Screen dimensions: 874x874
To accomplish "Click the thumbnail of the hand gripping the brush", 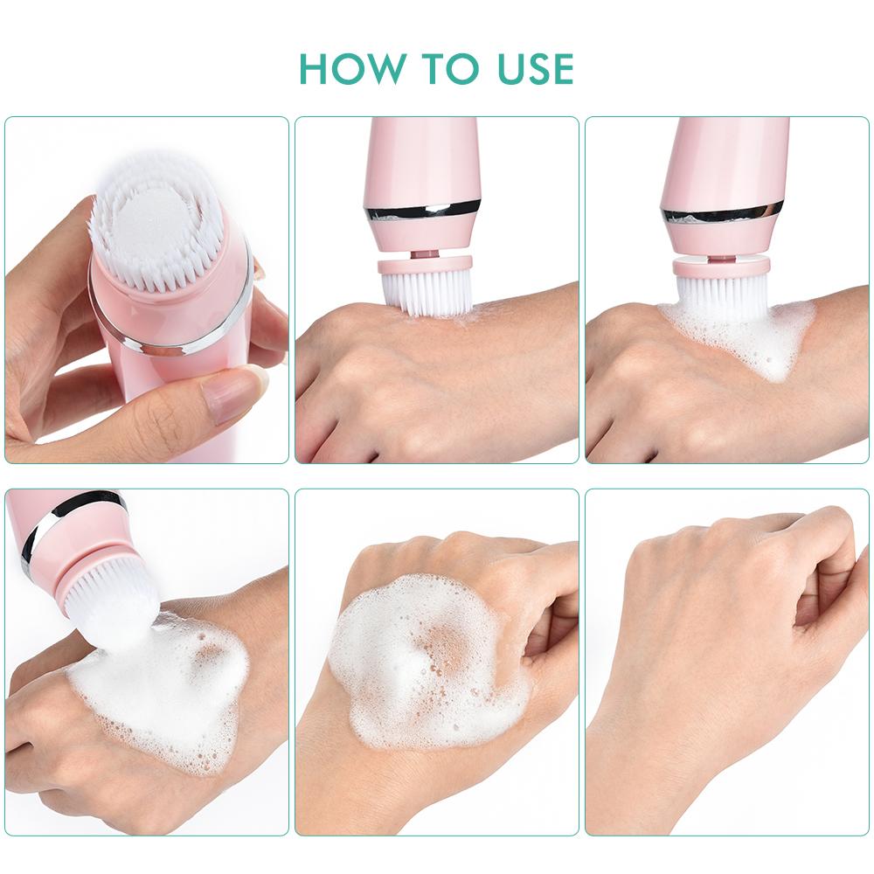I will click(147, 290).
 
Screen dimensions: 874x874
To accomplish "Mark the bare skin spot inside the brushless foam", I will click(441, 642).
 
